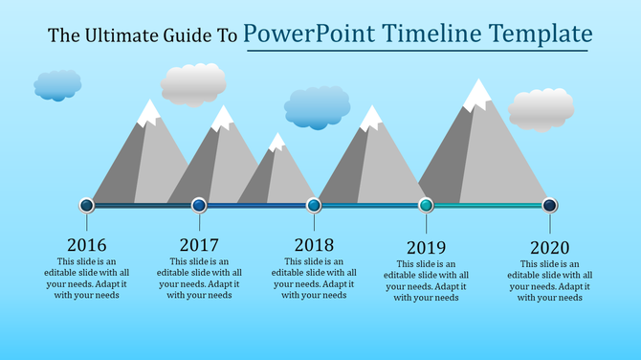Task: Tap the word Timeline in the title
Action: point(431,35)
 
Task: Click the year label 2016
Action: point(87,245)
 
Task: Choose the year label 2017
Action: point(199,245)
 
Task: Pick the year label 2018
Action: point(314,245)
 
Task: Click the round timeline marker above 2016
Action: point(87,205)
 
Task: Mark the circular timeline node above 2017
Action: point(199,205)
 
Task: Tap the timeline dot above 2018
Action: point(314,205)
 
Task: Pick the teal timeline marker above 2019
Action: point(427,205)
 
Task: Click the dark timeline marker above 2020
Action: point(550,205)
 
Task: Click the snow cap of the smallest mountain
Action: point(277,143)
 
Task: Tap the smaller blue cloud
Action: point(57,85)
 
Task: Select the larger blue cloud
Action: point(318,107)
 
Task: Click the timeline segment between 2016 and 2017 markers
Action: point(144,206)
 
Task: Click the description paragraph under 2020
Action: point(550,281)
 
